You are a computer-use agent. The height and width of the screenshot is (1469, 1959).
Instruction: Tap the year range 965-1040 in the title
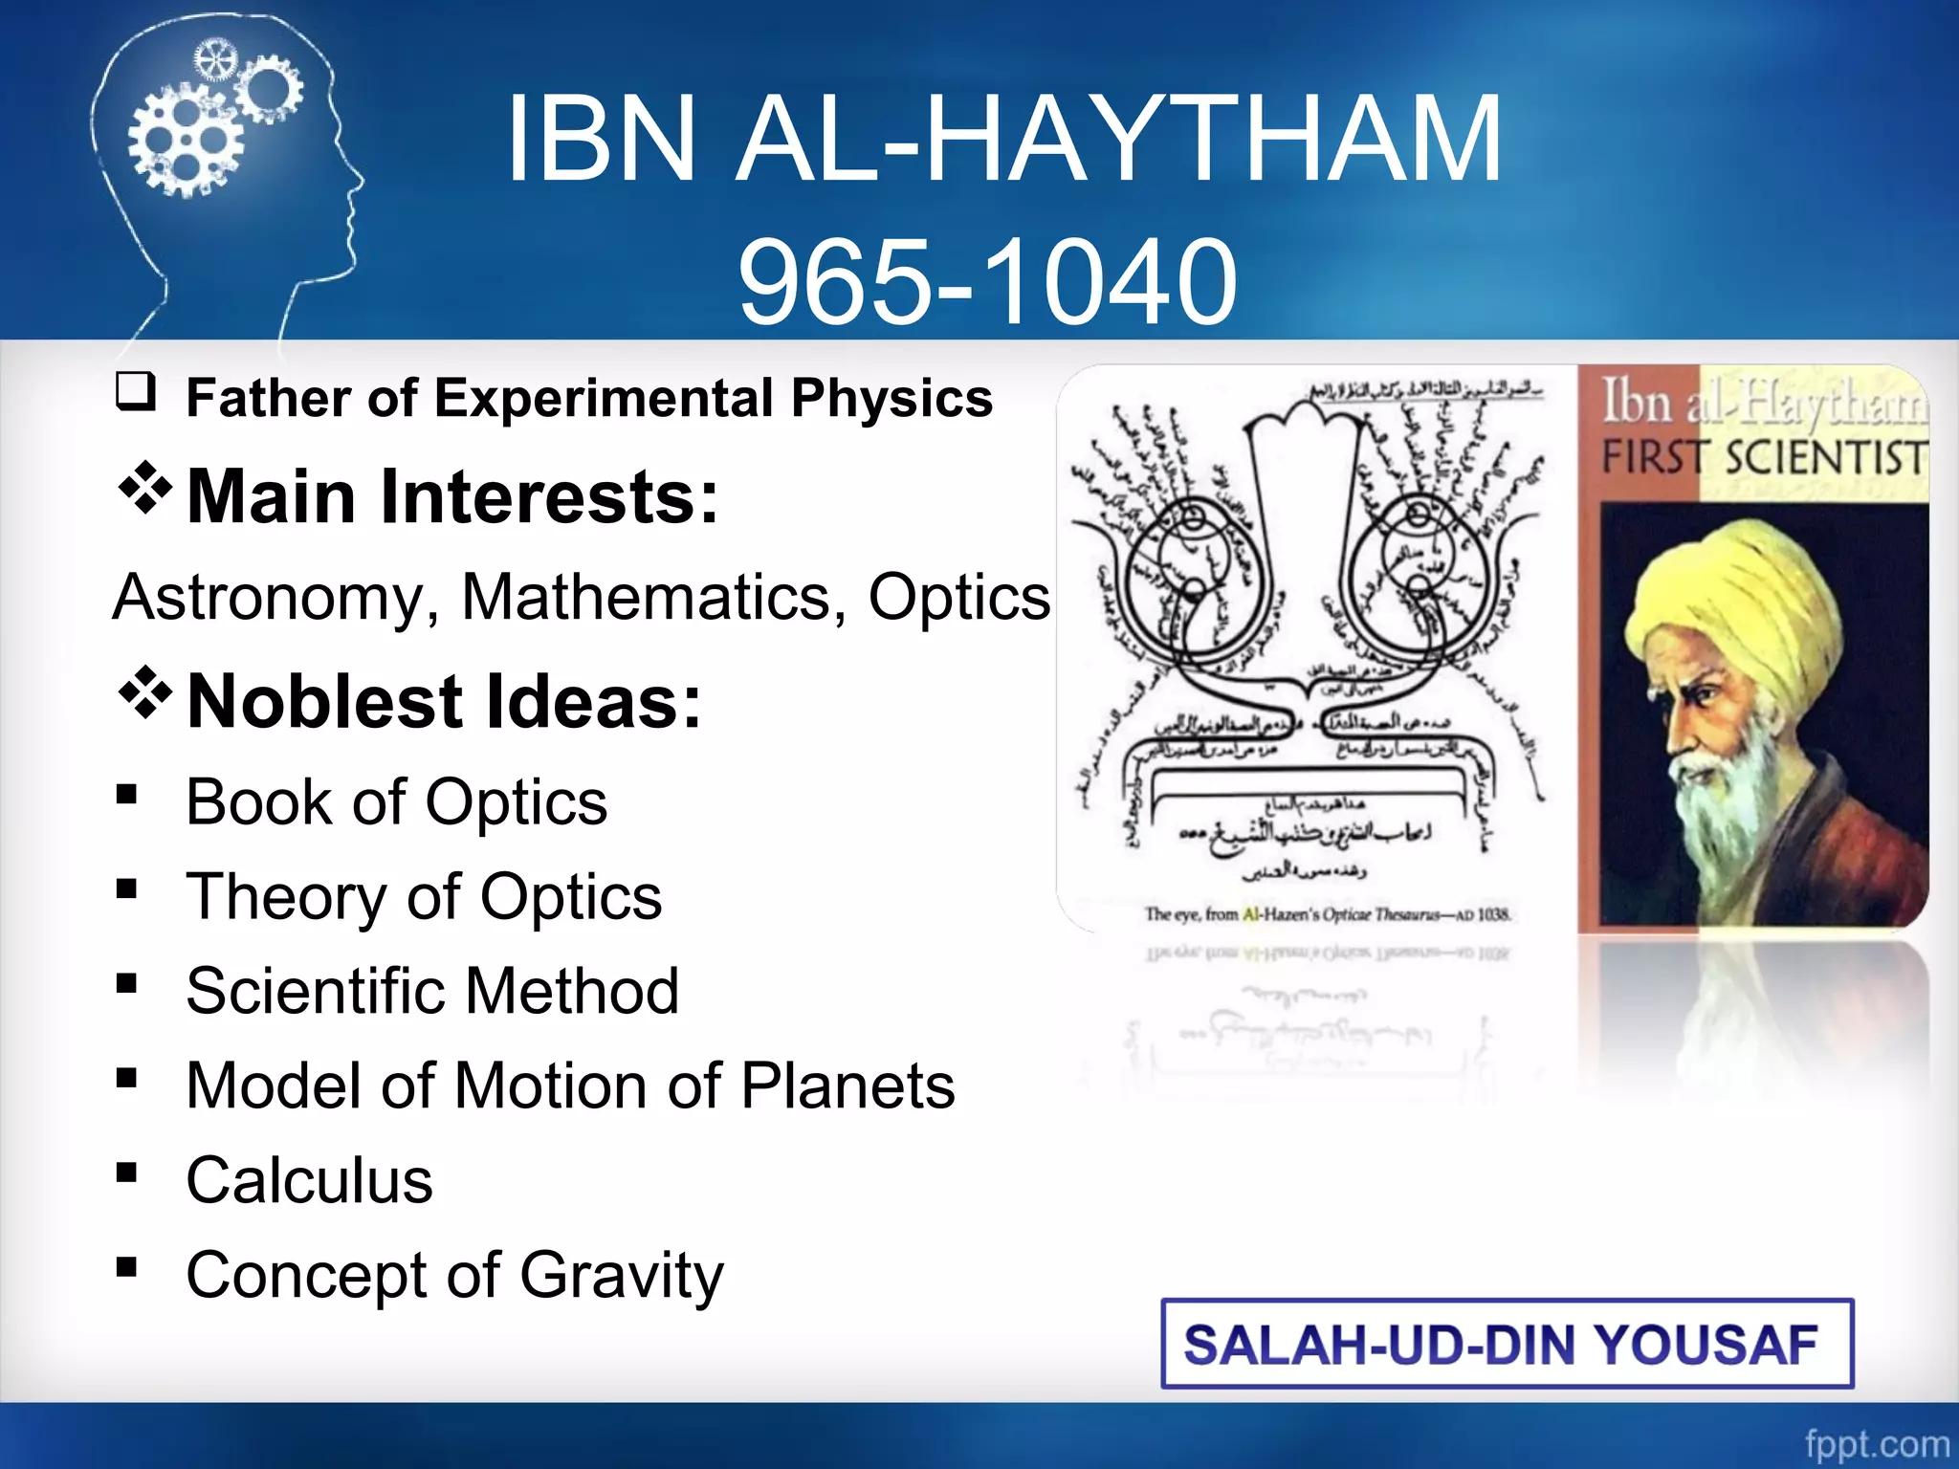coord(987,282)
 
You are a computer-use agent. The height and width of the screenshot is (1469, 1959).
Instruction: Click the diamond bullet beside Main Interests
coord(144,488)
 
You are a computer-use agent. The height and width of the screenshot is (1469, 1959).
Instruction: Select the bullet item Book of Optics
coord(396,801)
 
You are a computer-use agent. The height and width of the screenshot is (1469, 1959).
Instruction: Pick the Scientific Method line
coord(432,991)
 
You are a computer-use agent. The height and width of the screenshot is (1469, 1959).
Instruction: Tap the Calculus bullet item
coord(309,1180)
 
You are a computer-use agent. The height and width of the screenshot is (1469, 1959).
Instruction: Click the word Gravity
coord(622,1275)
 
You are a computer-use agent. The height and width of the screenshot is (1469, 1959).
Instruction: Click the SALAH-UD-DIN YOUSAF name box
coord(1507,1344)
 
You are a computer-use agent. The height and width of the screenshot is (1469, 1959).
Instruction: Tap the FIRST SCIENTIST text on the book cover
coord(1762,457)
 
